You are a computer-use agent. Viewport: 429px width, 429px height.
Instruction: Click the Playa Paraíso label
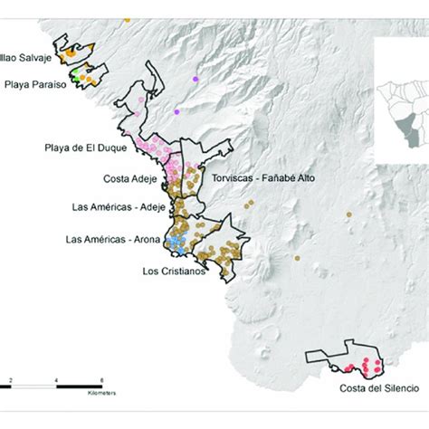pos(30,86)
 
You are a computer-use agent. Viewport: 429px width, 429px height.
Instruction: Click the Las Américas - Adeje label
pos(114,208)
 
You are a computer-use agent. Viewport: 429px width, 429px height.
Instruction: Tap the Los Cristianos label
pos(174,270)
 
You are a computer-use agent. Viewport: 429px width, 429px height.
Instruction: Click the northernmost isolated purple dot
pos(193,81)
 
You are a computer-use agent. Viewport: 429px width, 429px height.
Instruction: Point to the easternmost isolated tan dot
pos(348,214)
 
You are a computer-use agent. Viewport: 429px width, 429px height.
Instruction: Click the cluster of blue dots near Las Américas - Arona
pos(178,240)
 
